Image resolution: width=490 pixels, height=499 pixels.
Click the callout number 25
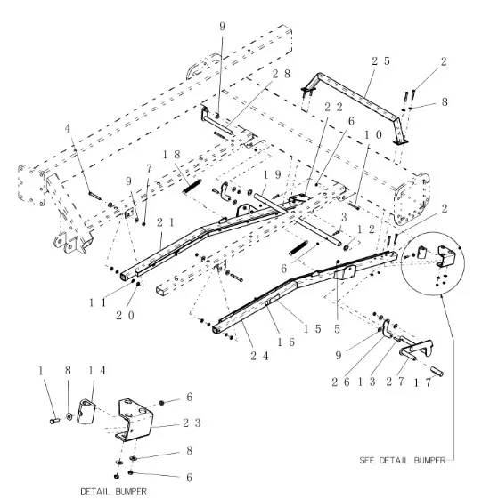[381, 61]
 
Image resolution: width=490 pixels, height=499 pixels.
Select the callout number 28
[282, 74]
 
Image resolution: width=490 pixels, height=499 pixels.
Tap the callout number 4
[68, 129]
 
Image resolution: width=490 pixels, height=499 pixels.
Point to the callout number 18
[172, 155]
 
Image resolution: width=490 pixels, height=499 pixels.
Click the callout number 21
[166, 222]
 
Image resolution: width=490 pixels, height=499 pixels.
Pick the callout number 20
[126, 316]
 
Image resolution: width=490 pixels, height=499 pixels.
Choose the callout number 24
[260, 356]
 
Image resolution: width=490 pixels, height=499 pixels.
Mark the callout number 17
[422, 382]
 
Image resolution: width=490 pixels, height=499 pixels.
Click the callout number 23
[192, 423]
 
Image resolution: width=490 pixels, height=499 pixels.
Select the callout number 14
[96, 370]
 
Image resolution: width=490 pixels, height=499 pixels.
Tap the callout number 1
[41, 370]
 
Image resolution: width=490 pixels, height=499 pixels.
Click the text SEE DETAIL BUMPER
[403, 460]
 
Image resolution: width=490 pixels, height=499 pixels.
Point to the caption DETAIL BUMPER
[114, 491]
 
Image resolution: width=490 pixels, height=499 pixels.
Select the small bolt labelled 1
[55, 421]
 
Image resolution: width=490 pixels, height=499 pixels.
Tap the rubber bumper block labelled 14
[86, 412]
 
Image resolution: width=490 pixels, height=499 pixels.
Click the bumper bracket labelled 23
[134, 420]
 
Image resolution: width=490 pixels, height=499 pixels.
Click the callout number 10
[373, 135]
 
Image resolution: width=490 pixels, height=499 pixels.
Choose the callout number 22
[333, 108]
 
